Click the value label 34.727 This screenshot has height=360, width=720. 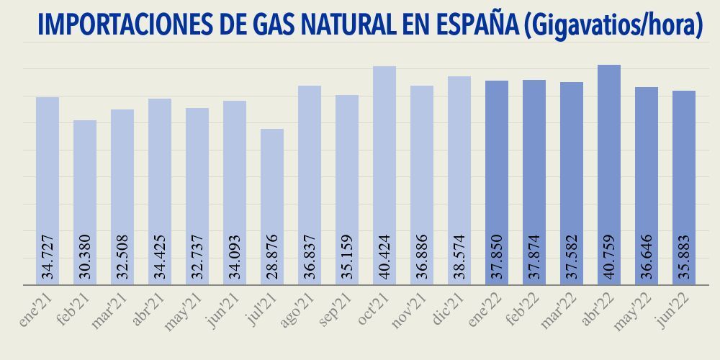(x=48, y=256)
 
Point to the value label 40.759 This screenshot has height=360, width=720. (x=609, y=256)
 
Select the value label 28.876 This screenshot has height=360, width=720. (x=272, y=256)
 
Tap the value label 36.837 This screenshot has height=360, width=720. (x=310, y=256)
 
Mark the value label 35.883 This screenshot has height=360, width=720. (x=684, y=256)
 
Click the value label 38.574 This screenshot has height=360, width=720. (x=459, y=256)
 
